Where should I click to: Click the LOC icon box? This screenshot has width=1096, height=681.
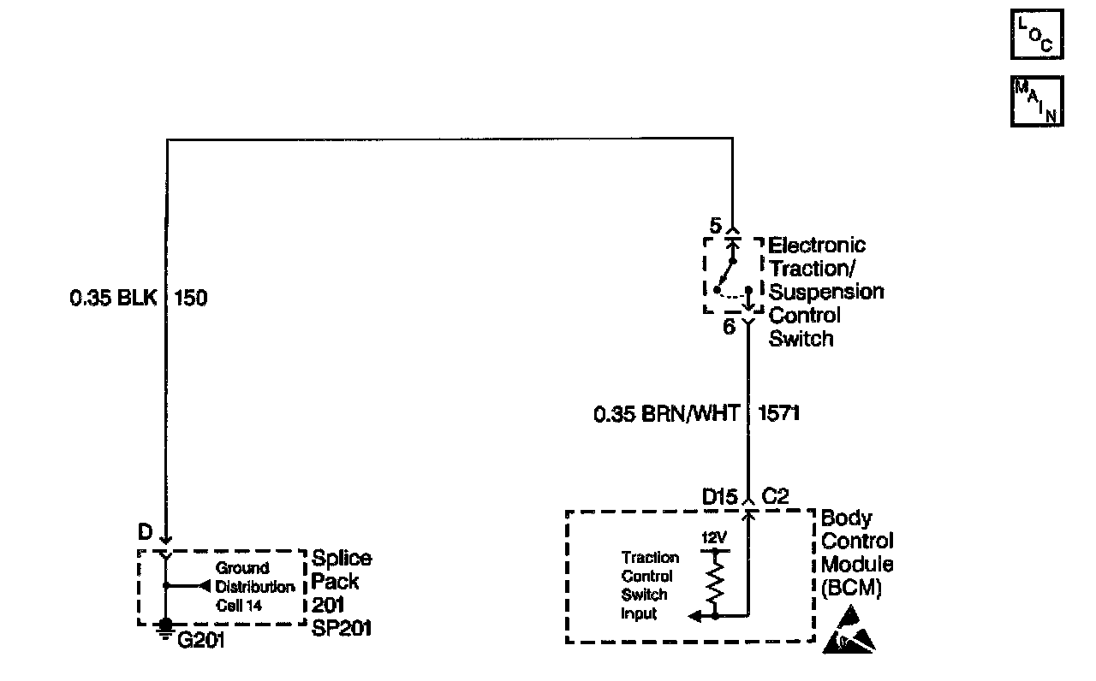click(1036, 35)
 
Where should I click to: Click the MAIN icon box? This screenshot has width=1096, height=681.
click(1036, 102)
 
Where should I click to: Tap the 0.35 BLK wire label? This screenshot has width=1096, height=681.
click(114, 299)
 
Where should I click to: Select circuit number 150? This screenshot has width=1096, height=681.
click(191, 299)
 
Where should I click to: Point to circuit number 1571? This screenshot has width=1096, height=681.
click(779, 414)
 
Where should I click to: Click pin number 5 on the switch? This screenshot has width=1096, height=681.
click(716, 227)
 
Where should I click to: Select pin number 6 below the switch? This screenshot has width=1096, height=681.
click(729, 327)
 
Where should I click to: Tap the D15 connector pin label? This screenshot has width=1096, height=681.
click(719, 496)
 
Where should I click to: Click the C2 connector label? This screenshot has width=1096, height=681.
click(775, 496)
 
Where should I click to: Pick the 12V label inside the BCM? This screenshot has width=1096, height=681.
click(713, 538)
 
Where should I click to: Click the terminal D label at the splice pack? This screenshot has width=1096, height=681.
click(145, 532)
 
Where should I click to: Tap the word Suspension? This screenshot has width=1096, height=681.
click(826, 292)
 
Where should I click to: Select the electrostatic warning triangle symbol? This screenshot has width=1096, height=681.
click(849, 631)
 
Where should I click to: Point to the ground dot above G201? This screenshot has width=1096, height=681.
click(166, 625)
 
